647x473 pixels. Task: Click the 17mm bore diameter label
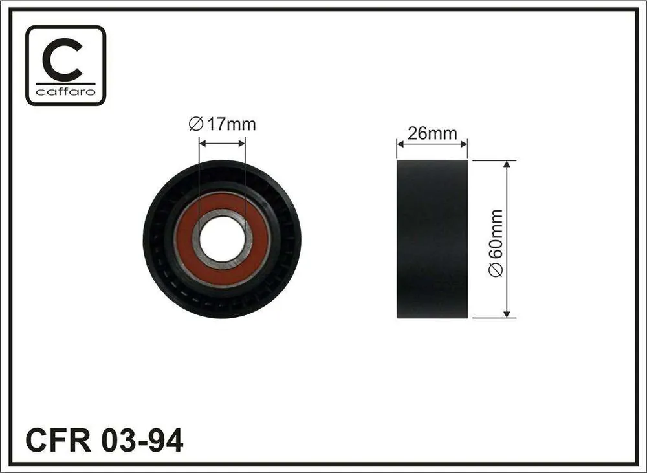(222, 124)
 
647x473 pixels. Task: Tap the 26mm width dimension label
(432, 133)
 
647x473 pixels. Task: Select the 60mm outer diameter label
(496, 243)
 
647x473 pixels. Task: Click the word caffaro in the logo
(66, 92)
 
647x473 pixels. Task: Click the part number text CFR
(58, 441)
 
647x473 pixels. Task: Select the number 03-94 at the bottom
(142, 441)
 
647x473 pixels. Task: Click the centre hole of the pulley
(222, 239)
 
